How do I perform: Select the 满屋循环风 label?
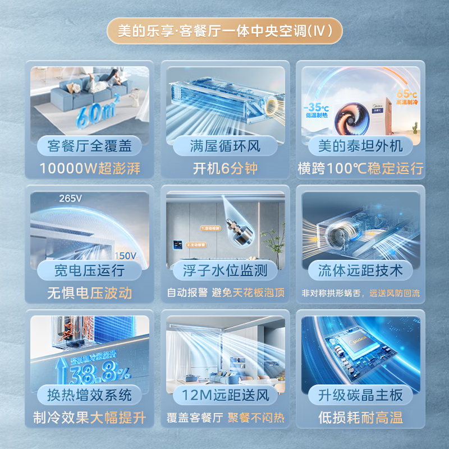(224, 146)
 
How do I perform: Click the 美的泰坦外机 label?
(360, 146)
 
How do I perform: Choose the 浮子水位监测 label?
(224, 271)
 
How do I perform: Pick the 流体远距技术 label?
(360, 271)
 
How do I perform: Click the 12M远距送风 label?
(224, 395)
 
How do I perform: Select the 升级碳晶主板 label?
(360, 395)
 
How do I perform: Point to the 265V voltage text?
(70, 198)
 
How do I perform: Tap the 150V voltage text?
(125, 256)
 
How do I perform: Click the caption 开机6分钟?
(224, 168)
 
